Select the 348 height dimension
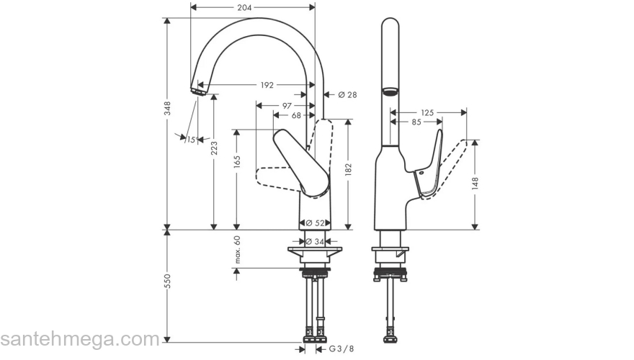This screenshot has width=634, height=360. (168, 108)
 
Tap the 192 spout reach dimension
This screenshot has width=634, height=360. (267, 85)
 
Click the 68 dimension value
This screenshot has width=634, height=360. (296, 115)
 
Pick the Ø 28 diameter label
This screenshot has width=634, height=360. (347, 94)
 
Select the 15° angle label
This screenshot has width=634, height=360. (192, 140)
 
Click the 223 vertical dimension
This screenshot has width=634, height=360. (214, 148)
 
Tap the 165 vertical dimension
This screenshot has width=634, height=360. (237, 163)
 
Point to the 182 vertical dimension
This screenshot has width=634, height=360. (348, 170)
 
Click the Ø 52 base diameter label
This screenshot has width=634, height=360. (314, 222)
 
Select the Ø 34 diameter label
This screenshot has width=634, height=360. (314, 242)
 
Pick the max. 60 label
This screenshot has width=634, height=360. (237, 249)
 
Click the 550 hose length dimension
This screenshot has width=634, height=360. (168, 282)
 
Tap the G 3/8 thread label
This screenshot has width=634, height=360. (341, 349)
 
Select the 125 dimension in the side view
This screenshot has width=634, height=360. (427, 113)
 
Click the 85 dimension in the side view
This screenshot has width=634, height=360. (416, 122)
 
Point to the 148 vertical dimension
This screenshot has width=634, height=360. (475, 183)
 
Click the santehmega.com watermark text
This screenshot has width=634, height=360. (79, 339)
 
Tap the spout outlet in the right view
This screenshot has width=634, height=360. (390, 91)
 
